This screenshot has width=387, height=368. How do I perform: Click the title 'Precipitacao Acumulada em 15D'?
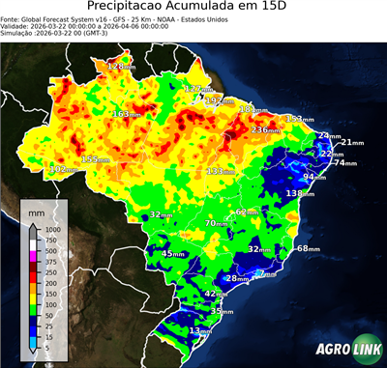coord(193,8)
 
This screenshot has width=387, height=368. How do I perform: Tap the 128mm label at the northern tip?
coord(121,67)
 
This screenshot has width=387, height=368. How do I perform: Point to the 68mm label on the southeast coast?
coord(308,248)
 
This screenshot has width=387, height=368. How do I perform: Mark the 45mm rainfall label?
coord(173,254)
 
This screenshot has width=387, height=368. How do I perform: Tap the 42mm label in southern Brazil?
coord(218,294)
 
